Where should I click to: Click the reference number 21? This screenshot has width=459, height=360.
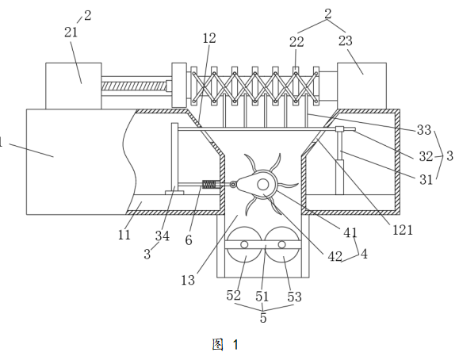[71, 33]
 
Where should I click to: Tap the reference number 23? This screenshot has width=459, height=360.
[346, 40]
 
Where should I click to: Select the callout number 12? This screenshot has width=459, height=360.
[209, 38]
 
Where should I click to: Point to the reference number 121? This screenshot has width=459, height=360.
[403, 230]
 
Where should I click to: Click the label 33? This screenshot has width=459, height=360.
[424, 130]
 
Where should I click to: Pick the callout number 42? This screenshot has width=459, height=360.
[335, 257]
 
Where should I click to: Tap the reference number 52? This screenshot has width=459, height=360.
[234, 295]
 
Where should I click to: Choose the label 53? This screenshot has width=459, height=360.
[294, 297]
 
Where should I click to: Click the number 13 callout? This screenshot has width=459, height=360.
[188, 281]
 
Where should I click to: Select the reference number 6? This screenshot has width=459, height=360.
[189, 240]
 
